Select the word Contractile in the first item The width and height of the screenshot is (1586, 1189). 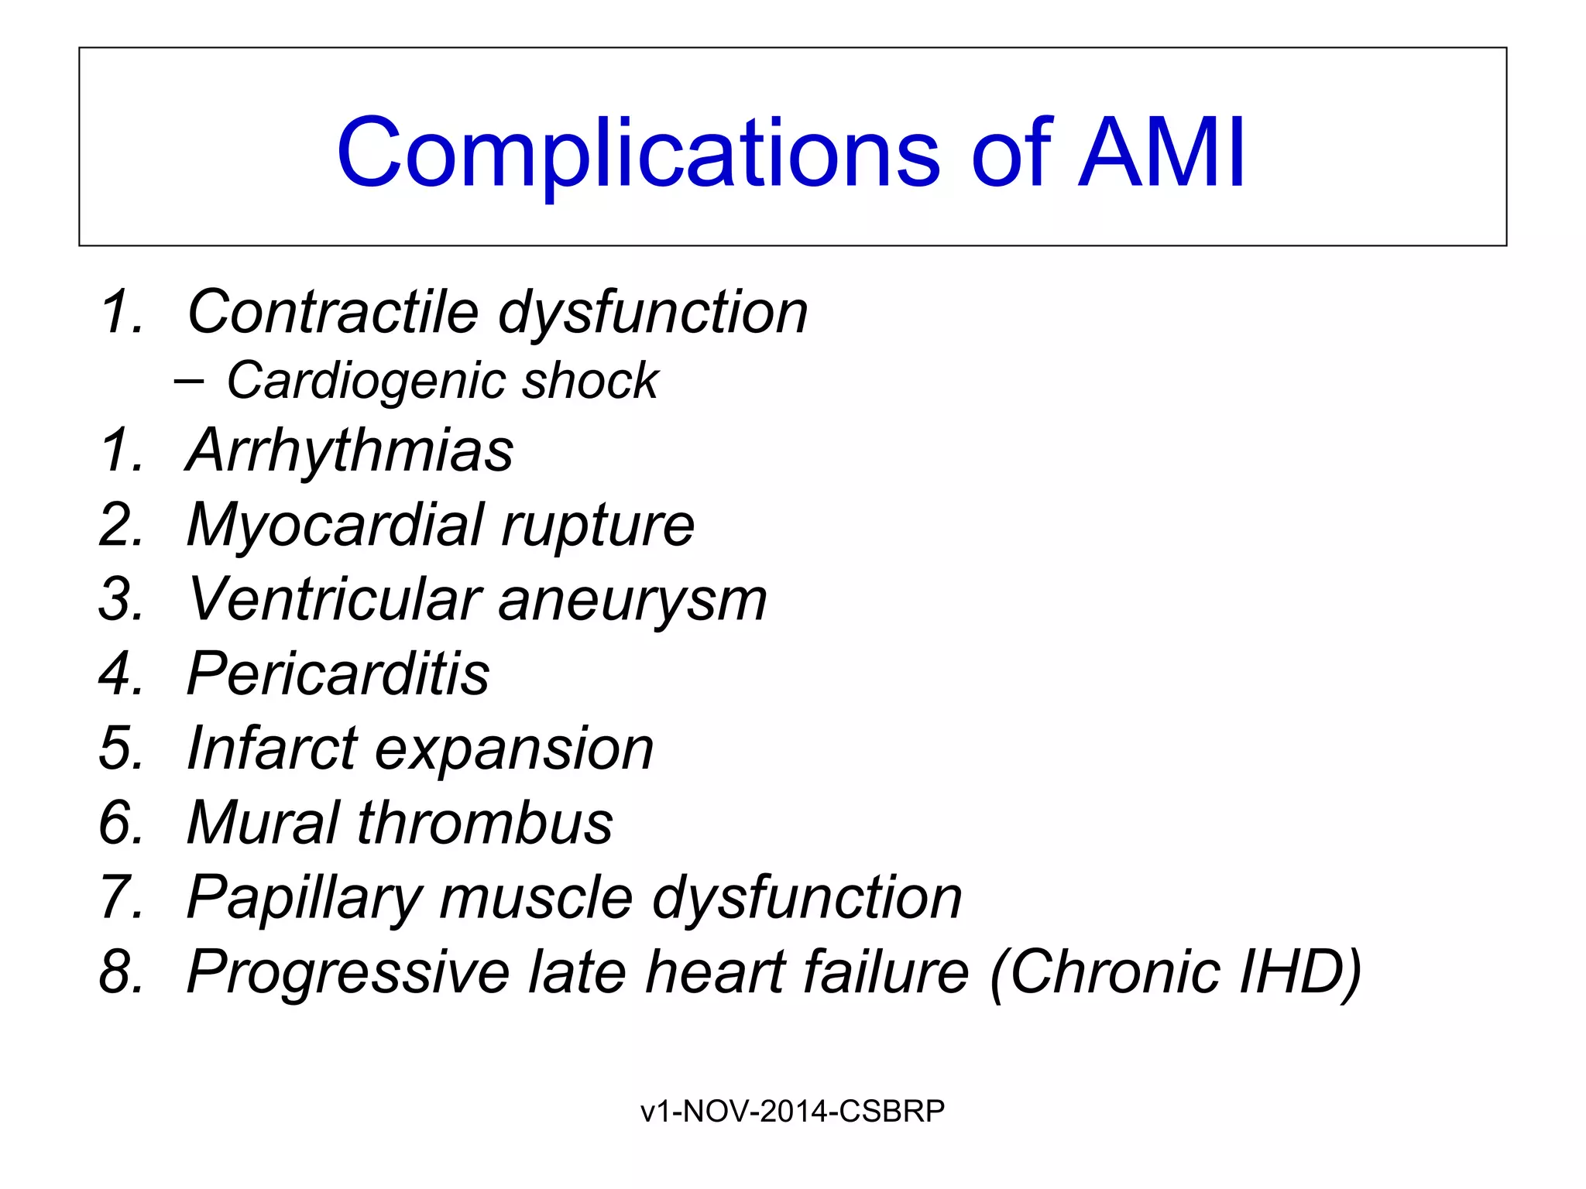333,312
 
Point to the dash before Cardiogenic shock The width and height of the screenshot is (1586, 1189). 190,381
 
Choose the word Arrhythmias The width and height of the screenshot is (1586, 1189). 350,451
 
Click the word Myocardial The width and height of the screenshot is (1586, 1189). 335,526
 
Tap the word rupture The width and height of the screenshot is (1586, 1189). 598,526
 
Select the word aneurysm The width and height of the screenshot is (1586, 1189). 633,600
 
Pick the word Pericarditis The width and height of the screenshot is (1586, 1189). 338,673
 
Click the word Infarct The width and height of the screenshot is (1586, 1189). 272,749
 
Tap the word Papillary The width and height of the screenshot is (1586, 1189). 305,898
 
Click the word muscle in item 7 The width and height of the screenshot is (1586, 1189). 537,898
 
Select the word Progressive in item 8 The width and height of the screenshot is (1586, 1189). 348,972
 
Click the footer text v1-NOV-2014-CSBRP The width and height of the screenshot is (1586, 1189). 792,1112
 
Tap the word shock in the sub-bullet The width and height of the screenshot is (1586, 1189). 590,382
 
